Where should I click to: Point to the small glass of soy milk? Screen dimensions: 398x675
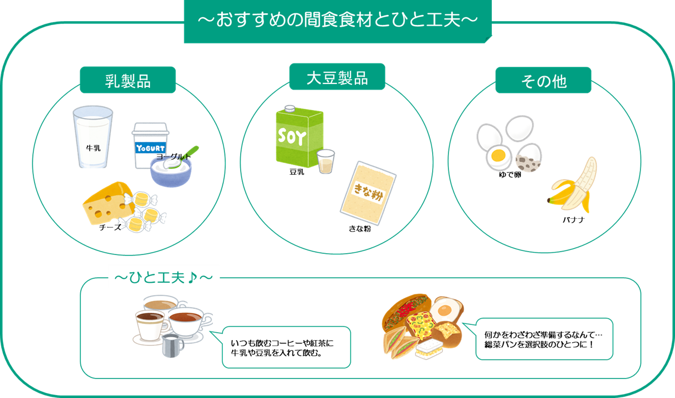click(325, 162)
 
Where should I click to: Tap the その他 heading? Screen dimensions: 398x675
click(544, 81)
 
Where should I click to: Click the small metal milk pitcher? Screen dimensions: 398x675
click(173, 346)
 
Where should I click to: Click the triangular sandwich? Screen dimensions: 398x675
click(398, 340)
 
